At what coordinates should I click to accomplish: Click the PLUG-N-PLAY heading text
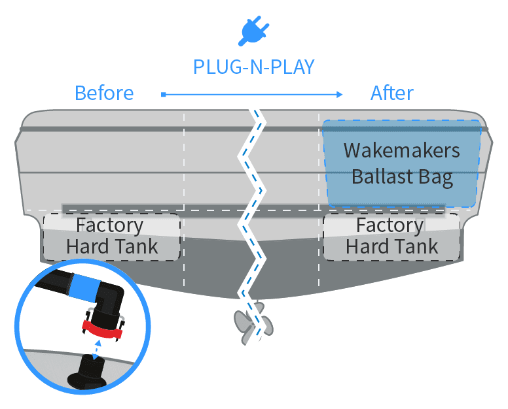pyautogui.click(x=253, y=67)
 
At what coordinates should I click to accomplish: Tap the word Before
pyautogui.click(x=104, y=93)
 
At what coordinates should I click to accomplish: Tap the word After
pyautogui.click(x=392, y=93)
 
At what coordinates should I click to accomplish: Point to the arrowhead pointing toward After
pyautogui.click(x=339, y=95)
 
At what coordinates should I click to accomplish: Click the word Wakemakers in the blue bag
pyautogui.click(x=402, y=150)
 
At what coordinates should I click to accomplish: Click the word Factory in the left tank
pyautogui.click(x=109, y=225)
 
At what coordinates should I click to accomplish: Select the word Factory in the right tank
pyautogui.click(x=390, y=225)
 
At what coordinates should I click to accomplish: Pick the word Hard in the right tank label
pyautogui.click(x=367, y=246)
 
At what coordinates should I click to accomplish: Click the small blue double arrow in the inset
pyautogui.click(x=98, y=346)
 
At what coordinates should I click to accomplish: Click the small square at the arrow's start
pyautogui.click(x=162, y=95)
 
